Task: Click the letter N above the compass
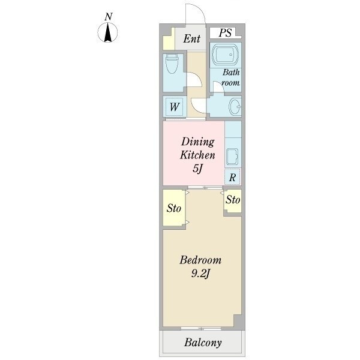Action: (x=107, y=17)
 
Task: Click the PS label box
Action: (x=225, y=33)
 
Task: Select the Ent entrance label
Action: (x=191, y=40)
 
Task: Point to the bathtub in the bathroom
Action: (x=226, y=55)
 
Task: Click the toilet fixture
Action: (x=172, y=64)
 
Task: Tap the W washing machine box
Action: (x=173, y=108)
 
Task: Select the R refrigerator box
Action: (x=232, y=177)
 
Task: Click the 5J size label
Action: (x=197, y=169)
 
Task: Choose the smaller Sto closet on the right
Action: (x=233, y=200)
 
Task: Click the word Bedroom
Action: (x=201, y=260)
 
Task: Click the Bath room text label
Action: (x=231, y=78)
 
